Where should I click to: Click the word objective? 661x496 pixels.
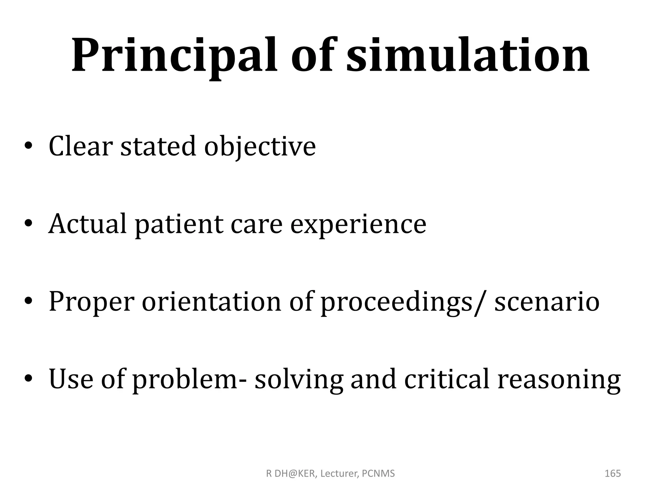tap(260, 147)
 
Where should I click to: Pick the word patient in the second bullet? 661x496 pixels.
tap(179, 224)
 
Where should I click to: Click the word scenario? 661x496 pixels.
tap(547, 302)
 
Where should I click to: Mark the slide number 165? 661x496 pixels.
tap(613, 473)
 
